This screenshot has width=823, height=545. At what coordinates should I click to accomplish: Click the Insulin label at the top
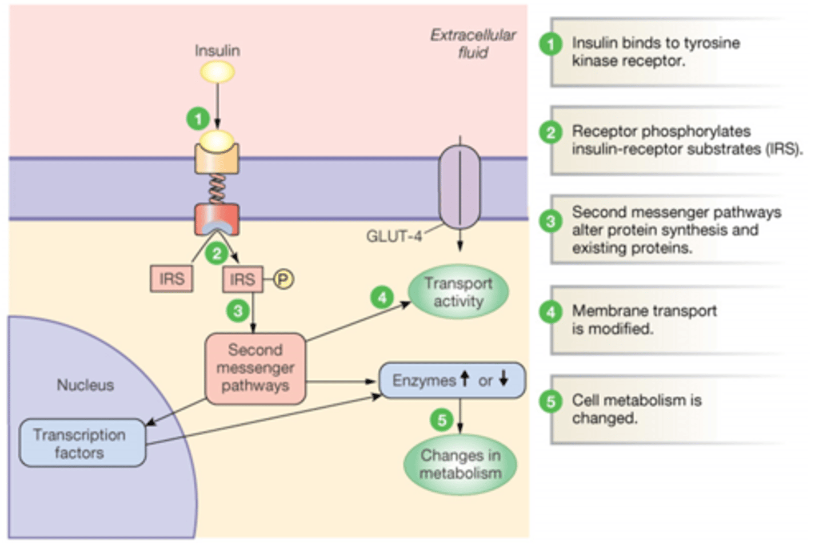[217, 50]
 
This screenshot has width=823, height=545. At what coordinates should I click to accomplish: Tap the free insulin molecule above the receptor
[217, 73]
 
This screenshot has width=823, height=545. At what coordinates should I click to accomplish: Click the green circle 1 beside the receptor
[198, 119]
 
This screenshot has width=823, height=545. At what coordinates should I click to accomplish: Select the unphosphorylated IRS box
[171, 279]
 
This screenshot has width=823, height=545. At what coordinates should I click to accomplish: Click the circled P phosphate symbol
[283, 279]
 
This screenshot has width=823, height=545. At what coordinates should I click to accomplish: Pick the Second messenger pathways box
[255, 368]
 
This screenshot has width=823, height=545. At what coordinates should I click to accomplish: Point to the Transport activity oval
[458, 292]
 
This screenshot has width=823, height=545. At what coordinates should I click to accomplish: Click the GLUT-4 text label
[394, 236]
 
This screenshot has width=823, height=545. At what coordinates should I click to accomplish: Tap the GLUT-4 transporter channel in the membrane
[460, 187]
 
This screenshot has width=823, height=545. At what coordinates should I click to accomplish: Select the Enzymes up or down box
[452, 380]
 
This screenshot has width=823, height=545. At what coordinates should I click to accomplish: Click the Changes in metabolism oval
[460, 464]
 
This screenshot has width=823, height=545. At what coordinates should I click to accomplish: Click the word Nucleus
[85, 385]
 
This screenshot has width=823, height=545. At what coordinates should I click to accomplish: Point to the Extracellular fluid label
[473, 43]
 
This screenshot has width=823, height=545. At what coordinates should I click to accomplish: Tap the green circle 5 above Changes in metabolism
[441, 420]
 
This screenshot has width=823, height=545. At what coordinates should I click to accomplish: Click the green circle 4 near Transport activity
[382, 297]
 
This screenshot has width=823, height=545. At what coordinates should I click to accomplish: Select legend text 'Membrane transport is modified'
[644, 320]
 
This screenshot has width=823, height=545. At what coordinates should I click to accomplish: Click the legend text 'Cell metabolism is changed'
[636, 409]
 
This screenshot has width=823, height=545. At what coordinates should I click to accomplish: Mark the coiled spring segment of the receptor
[217, 189]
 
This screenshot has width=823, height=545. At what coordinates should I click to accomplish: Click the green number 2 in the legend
[550, 133]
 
